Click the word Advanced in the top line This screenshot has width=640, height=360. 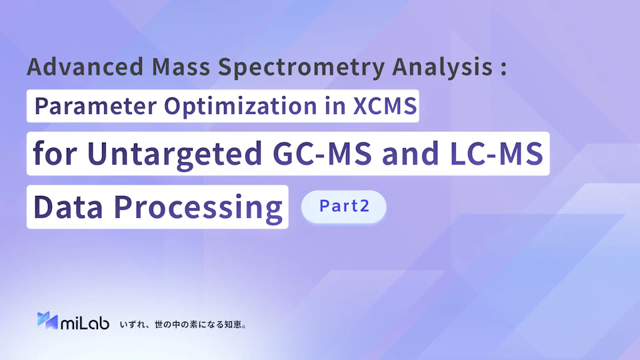coord(85,66)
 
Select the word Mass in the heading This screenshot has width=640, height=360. coord(181,66)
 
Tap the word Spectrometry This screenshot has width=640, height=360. coord(301,67)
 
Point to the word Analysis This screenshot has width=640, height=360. coord(443,67)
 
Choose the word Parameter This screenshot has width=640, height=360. coord(95,106)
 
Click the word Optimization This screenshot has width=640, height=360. coord(241,107)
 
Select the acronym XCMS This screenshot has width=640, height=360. coord(385,106)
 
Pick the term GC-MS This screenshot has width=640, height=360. coord(322,153)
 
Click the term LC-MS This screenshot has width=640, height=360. coord(496,153)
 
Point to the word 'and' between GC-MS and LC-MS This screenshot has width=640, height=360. coord(411,153)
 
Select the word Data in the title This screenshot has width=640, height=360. coord(68,207)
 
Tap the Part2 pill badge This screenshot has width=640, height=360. coord(344,207)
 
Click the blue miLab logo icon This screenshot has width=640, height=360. coord(47,321)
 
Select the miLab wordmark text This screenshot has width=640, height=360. coord(85,323)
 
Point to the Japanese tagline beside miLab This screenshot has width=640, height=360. coord(183,325)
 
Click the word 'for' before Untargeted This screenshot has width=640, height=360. coord(55,153)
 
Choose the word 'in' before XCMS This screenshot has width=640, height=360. coord(335,106)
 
